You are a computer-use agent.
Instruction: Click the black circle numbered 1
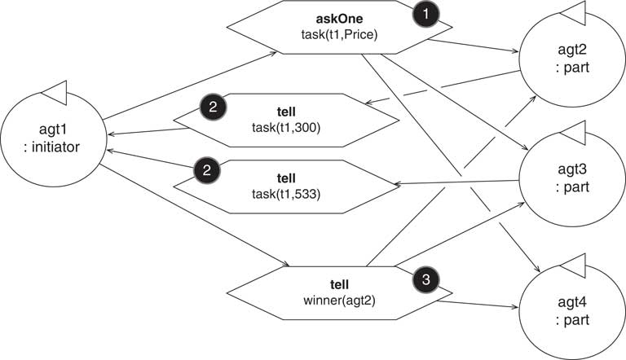(x=426, y=14)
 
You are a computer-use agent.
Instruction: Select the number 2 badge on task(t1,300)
(x=213, y=107)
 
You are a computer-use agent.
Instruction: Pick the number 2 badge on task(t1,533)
(x=206, y=171)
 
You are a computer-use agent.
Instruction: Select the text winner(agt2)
(x=340, y=300)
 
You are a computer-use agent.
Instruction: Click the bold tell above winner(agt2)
(x=340, y=284)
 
